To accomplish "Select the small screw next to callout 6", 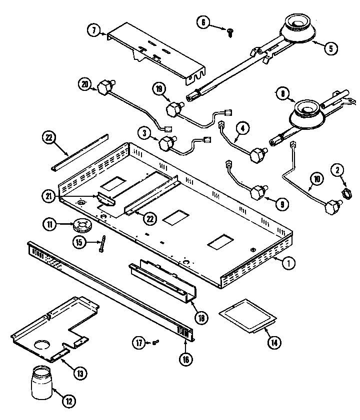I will click(x=230, y=33).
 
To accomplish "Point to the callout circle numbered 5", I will click(x=331, y=48).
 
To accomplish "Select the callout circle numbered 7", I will click(x=94, y=30).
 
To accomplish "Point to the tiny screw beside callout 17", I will click(x=155, y=342).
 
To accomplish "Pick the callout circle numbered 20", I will click(x=85, y=85).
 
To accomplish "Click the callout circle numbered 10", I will click(x=318, y=178).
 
